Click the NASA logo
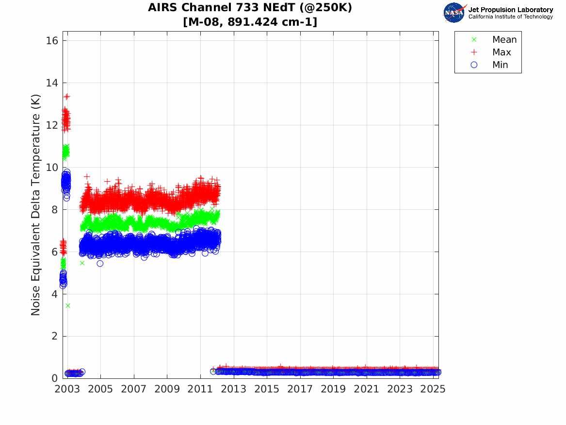(x=454, y=12)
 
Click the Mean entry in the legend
(x=504, y=40)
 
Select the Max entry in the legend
(x=501, y=52)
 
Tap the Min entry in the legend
(x=500, y=65)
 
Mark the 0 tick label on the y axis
(x=56, y=378)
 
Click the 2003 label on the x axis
(x=67, y=390)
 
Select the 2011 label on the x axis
(x=200, y=390)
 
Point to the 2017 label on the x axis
(x=300, y=390)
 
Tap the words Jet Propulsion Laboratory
(x=510, y=9)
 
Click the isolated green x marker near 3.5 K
(x=68, y=306)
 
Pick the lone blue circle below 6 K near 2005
(x=100, y=263)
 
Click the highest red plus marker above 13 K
(x=67, y=96)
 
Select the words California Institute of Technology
(x=510, y=17)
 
